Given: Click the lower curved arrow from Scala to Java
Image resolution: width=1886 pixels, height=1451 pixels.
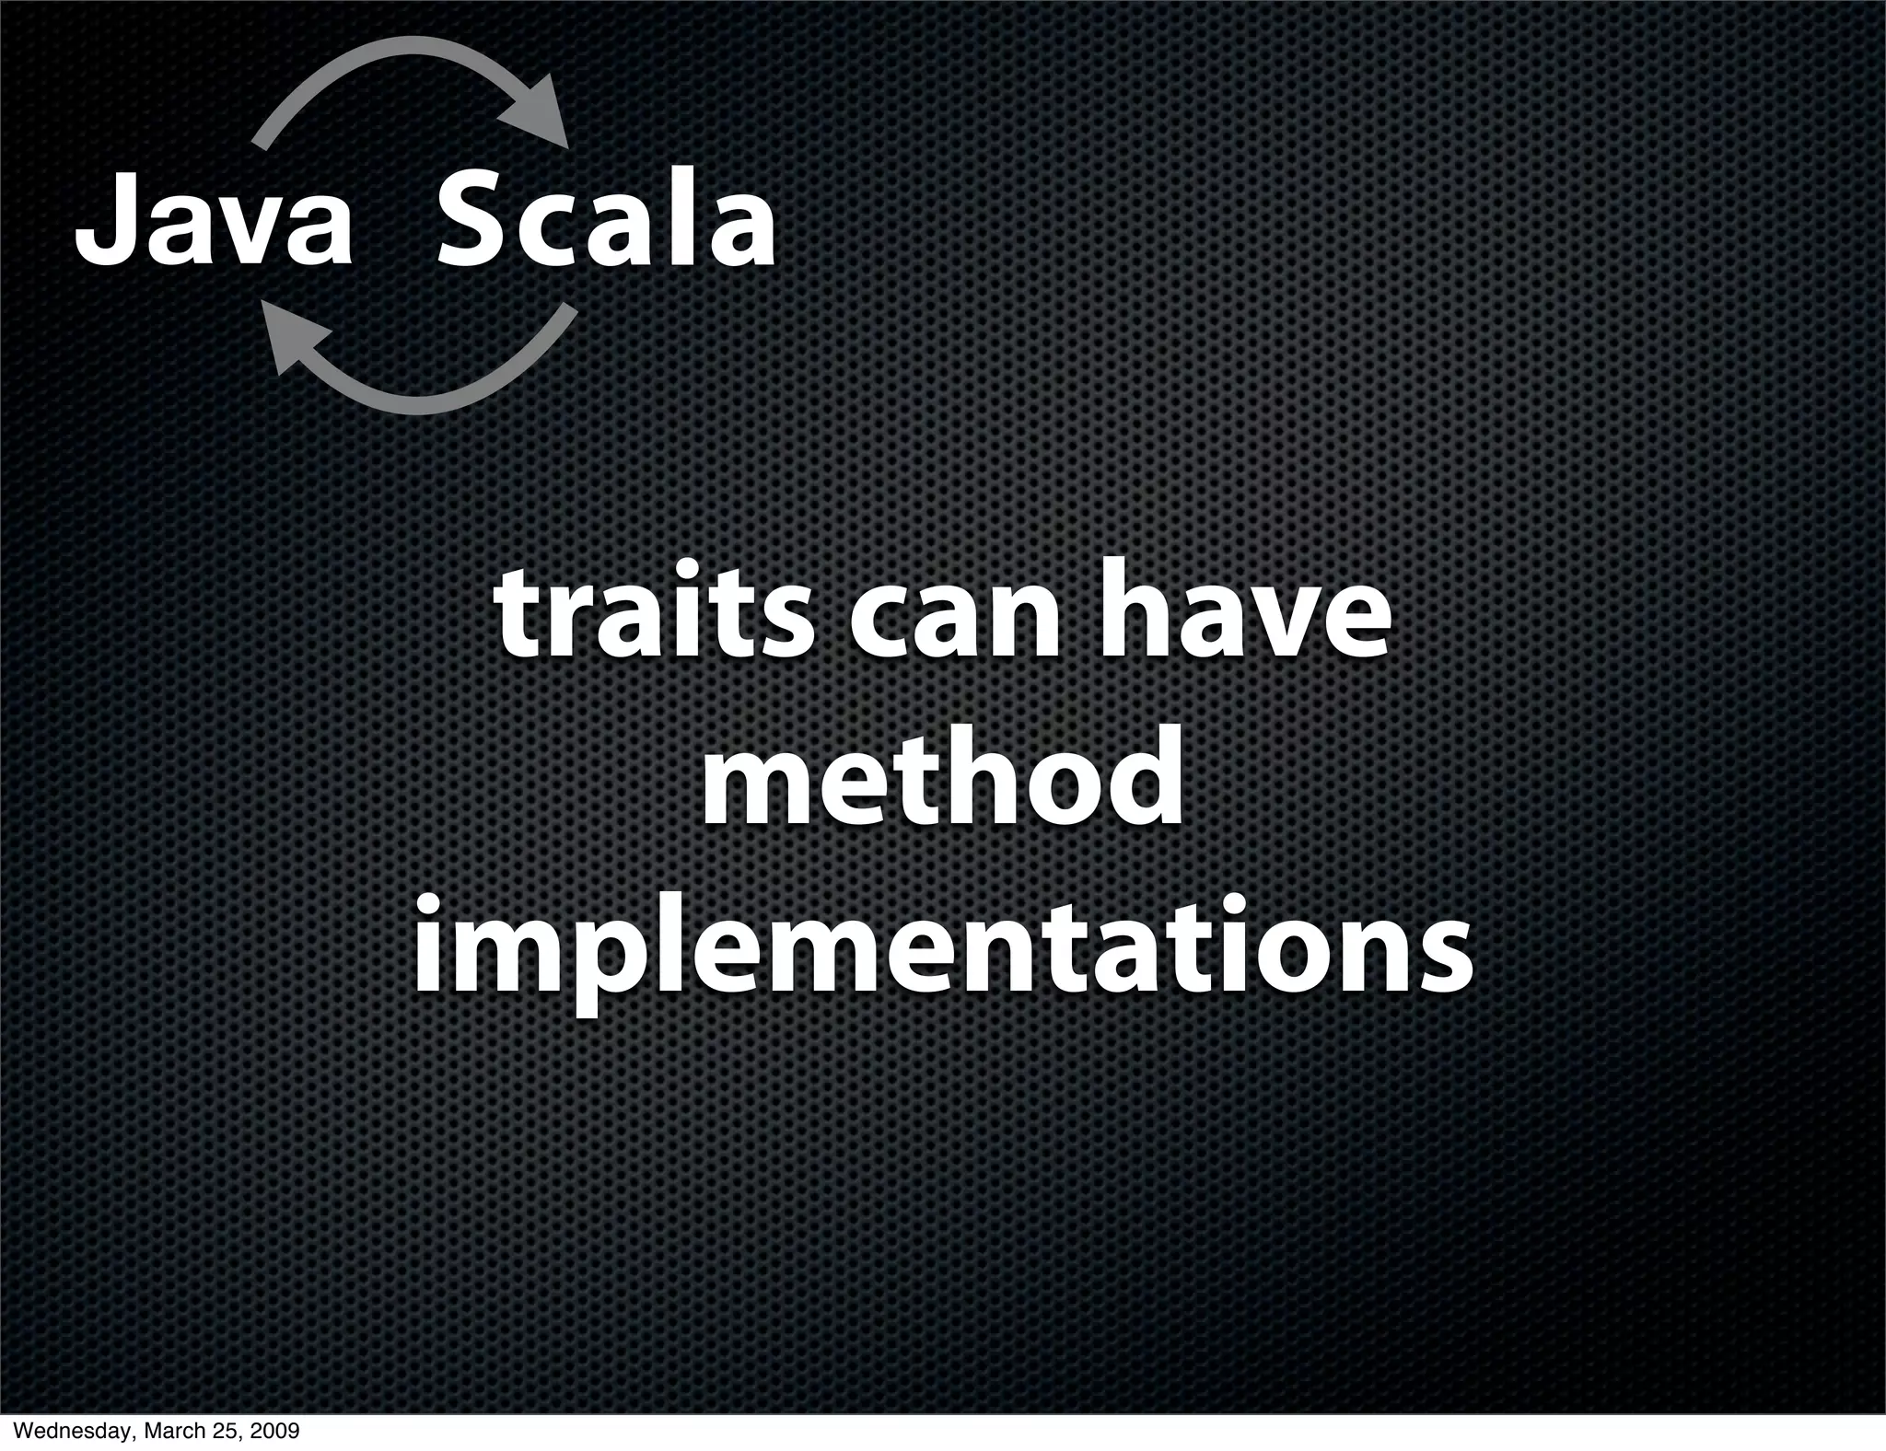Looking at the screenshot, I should coord(433,391).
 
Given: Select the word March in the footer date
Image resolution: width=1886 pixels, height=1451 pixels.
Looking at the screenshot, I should coord(169,1432).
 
